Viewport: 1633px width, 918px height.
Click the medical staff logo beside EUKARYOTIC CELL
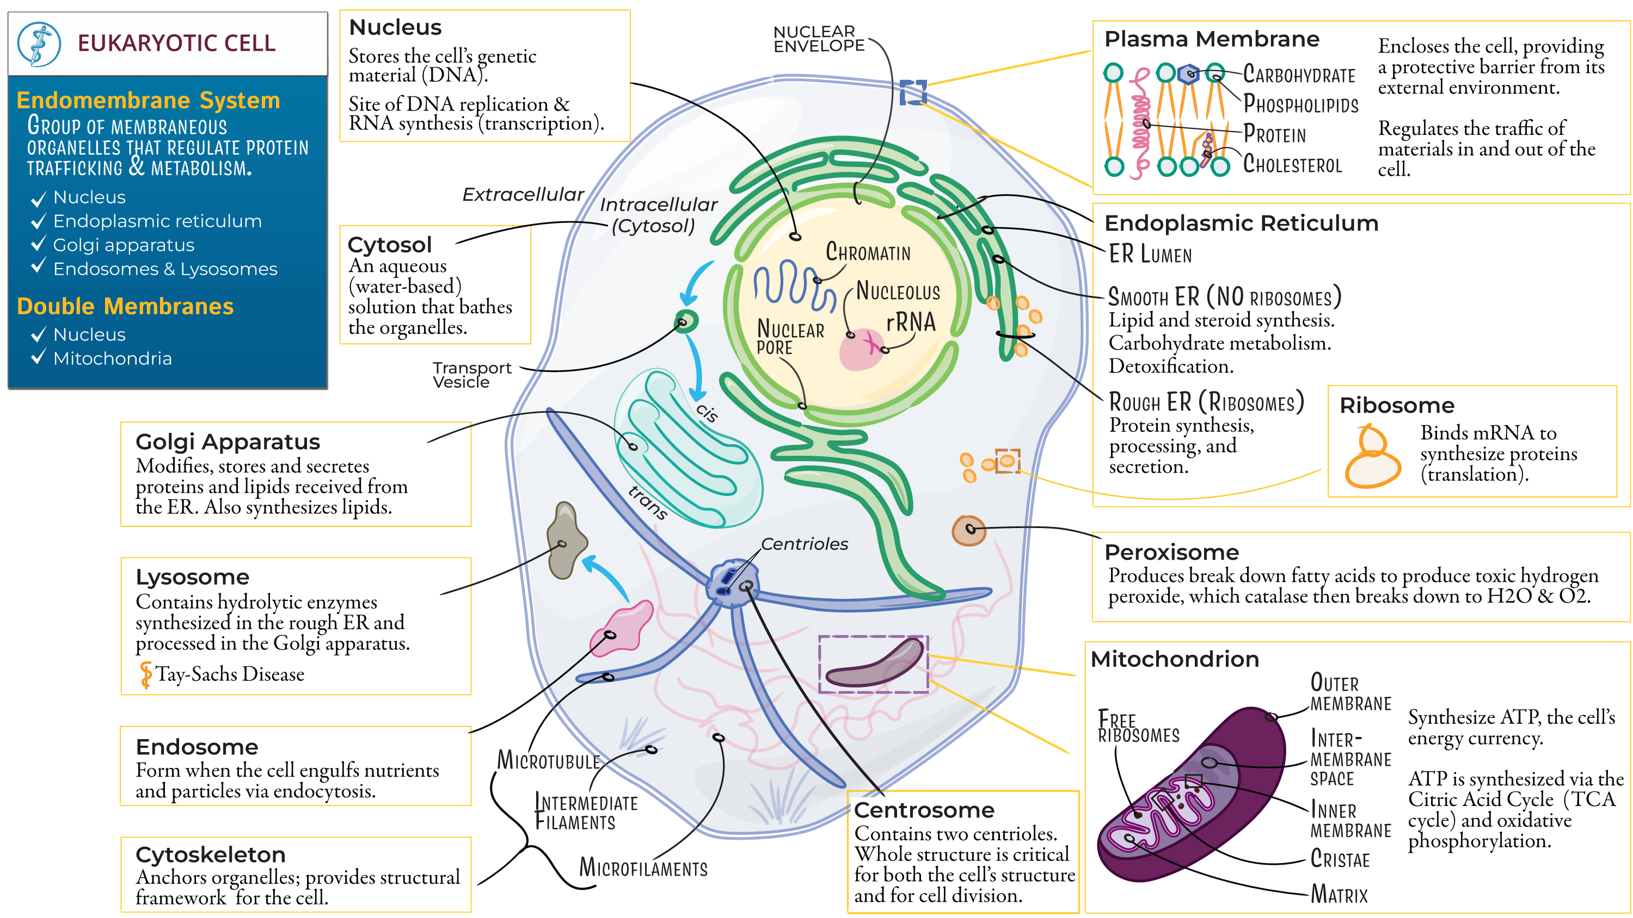tap(39, 44)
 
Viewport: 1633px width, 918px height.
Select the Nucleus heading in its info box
tap(395, 27)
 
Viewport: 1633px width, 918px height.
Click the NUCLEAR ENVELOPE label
tap(818, 39)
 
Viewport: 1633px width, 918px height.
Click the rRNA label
tap(910, 322)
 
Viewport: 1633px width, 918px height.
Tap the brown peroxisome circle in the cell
tap(968, 530)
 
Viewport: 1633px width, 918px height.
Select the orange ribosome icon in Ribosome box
tap(1372, 457)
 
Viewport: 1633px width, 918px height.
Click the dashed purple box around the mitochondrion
tap(873, 664)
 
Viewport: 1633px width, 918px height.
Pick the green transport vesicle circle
tap(685, 321)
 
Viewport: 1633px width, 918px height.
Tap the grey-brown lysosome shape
tap(566, 541)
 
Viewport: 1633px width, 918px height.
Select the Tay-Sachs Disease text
tap(230, 673)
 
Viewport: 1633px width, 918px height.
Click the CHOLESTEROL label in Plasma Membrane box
tap(1292, 164)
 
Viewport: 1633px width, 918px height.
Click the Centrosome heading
tap(924, 810)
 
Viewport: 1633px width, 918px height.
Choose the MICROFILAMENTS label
tap(643, 867)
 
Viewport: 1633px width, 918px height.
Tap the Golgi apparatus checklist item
tap(123, 245)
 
